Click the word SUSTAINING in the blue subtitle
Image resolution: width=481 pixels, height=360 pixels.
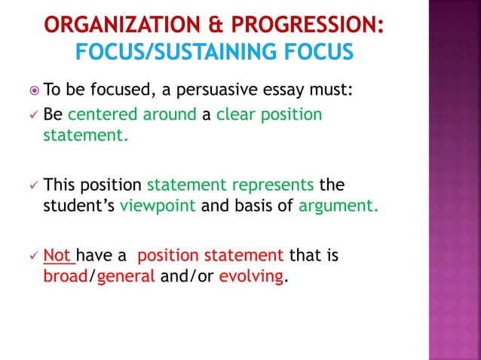tap(231, 53)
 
